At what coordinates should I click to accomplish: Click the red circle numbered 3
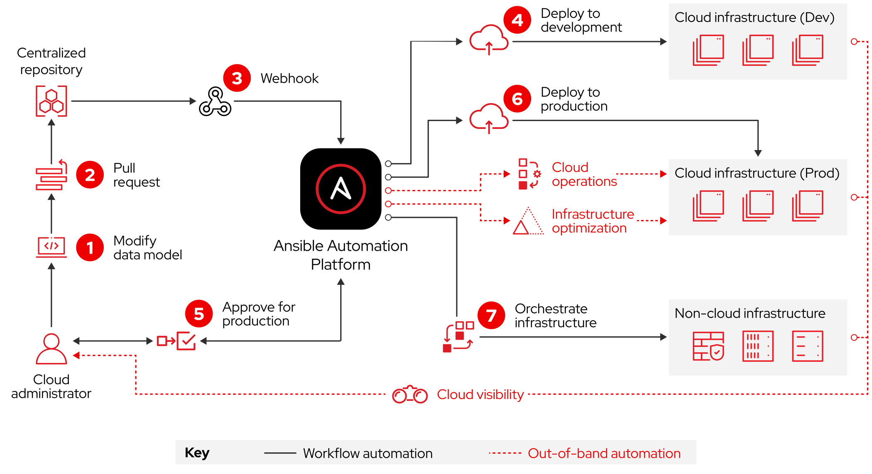[x=237, y=78]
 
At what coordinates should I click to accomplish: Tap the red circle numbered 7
[x=491, y=315]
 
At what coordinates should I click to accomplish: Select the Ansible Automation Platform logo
[x=340, y=189]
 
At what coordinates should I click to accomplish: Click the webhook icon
[x=215, y=101]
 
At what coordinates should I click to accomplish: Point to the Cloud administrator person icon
[x=51, y=349]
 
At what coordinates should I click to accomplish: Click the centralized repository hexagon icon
[x=51, y=101]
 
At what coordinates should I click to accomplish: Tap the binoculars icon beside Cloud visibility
[x=410, y=394]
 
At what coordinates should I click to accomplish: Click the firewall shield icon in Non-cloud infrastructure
[x=708, y=346]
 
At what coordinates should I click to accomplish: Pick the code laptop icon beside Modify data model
[x=51, y=247]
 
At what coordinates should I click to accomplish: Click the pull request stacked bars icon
[x=51, y=175]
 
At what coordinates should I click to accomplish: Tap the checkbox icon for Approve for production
[x=186, y=341]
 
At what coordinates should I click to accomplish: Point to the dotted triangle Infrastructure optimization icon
[x=528, y=221]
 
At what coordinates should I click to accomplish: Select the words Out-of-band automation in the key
[x=604, y=453]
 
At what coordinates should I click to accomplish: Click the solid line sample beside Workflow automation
[x=280, y=453]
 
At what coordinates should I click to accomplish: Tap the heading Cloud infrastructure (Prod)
[x=757, y=173]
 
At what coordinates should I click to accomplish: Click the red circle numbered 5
[x=198, y=314]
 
